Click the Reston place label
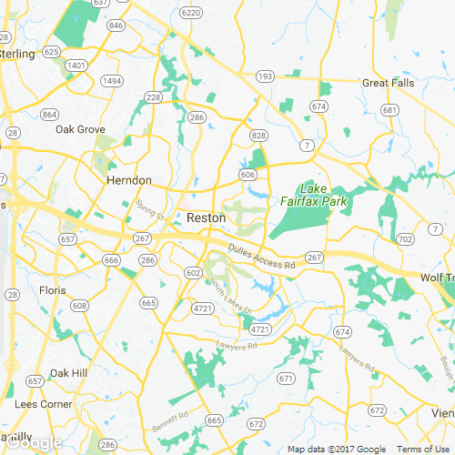tap(206, 218)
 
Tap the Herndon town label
tap(128, 181)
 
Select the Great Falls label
tap(389, 83)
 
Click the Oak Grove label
tap(80, 129)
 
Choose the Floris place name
tap(53, 291)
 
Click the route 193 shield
tap(264, 77)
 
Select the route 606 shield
tap(248, 174)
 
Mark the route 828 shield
tap(258, 136)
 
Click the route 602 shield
tap(192, 273)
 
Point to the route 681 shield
tap(389, 110)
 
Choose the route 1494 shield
tap(112, 81)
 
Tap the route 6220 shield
tap(190, 13)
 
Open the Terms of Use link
tap(423, 449)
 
